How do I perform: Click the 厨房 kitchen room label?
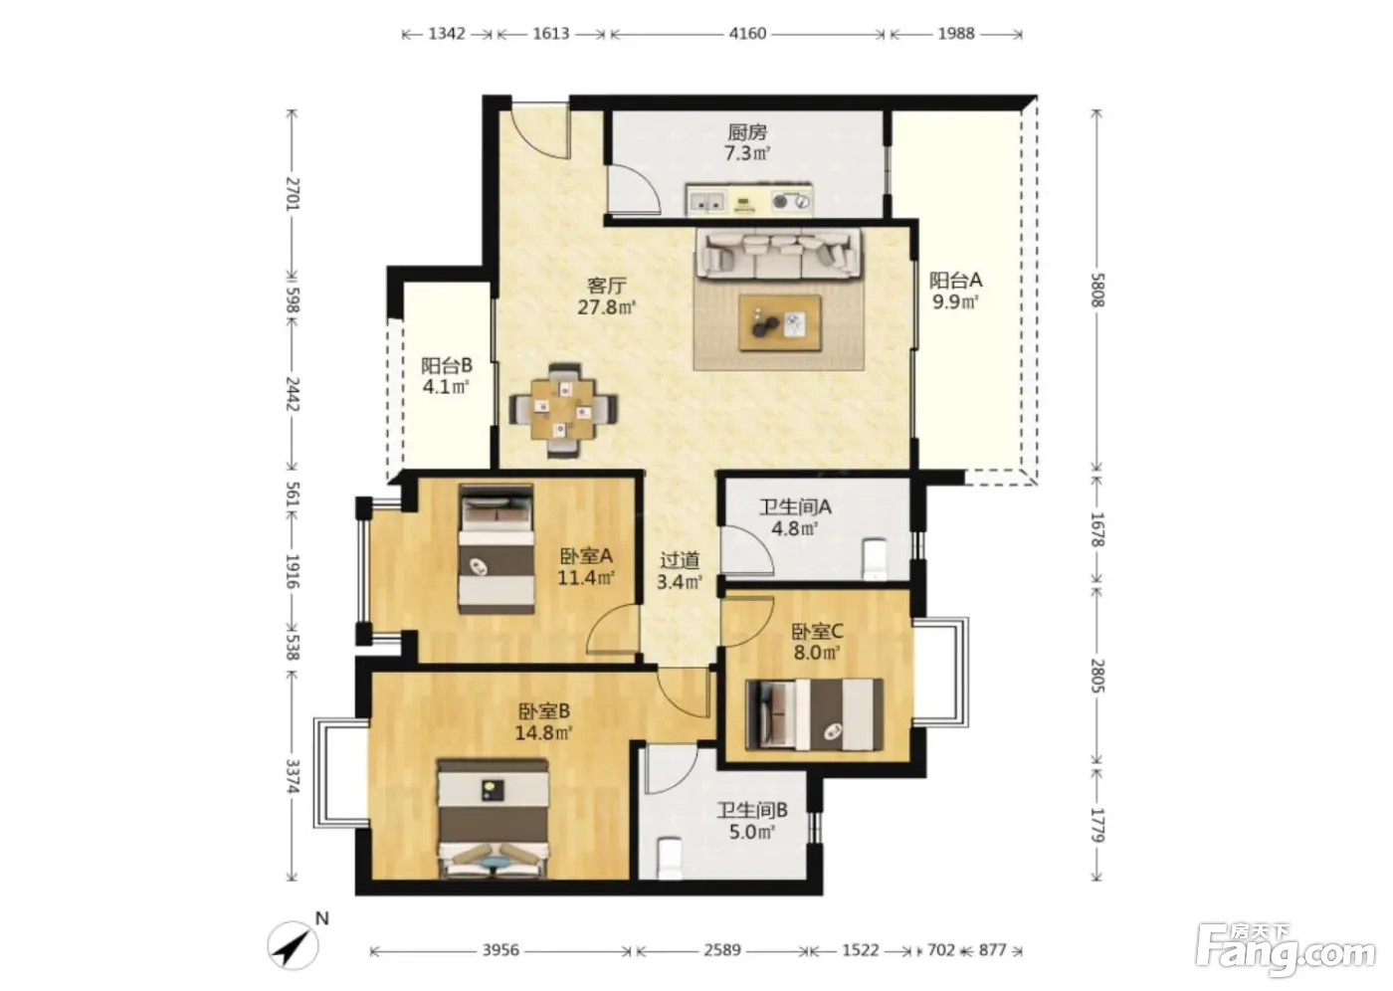747,132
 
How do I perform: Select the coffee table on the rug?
780,323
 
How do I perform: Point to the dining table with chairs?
563,410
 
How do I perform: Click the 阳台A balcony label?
956,281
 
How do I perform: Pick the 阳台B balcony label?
447,365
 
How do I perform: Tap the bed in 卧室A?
497,549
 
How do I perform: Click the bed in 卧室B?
494,818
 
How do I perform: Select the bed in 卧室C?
815,714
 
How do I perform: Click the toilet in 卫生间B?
670,859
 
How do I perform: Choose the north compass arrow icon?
293,945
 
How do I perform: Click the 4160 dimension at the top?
747,34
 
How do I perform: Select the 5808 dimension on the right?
1096,290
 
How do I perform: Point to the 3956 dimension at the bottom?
501,950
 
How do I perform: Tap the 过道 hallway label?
680,561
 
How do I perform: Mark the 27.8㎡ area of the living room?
607,307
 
